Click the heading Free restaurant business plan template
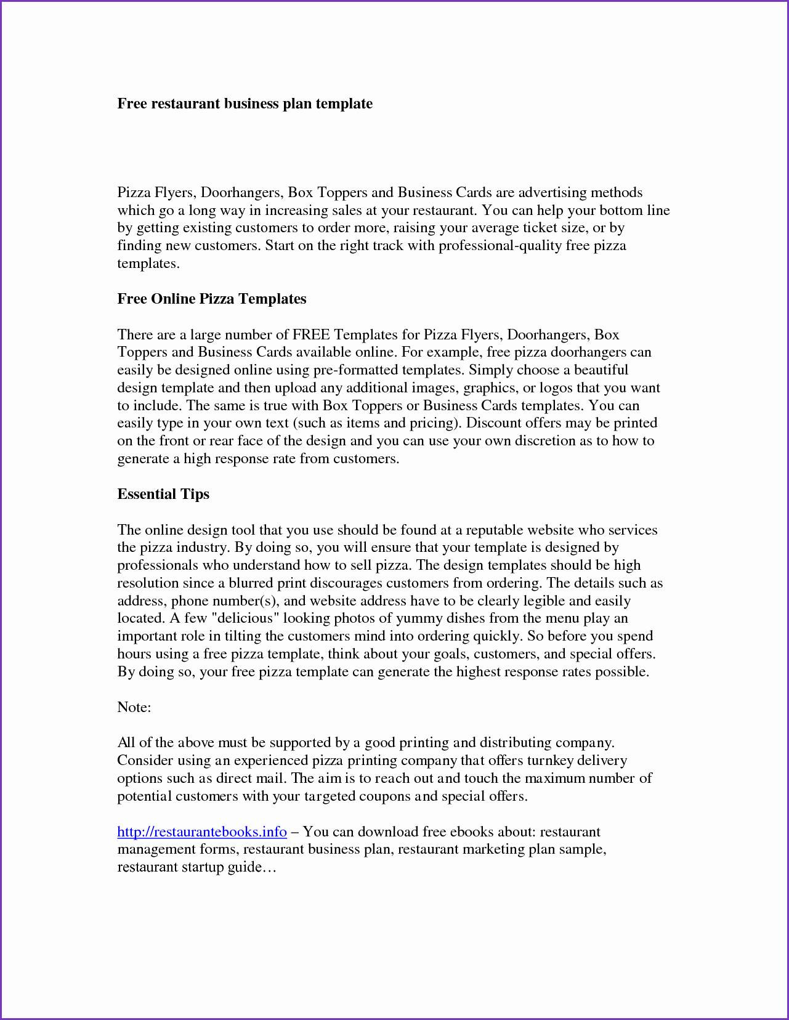point(245,103)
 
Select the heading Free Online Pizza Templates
point(211,299)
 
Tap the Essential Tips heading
point(163,494)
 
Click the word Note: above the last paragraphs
point(134,707)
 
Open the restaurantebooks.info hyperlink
point(202,832)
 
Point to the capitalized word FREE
point(312,334)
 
